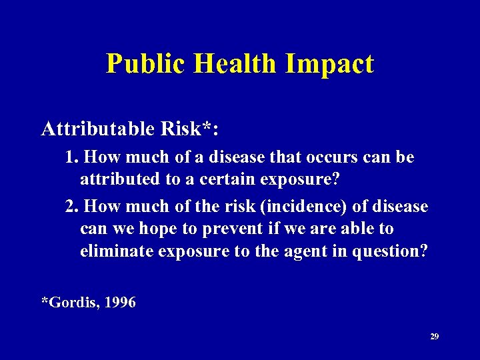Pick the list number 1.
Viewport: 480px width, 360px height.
73,157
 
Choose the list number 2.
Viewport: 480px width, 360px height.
73,207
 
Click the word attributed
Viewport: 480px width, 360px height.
114,179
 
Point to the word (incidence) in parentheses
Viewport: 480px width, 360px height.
300,207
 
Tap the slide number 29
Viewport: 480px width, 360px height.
434,337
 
